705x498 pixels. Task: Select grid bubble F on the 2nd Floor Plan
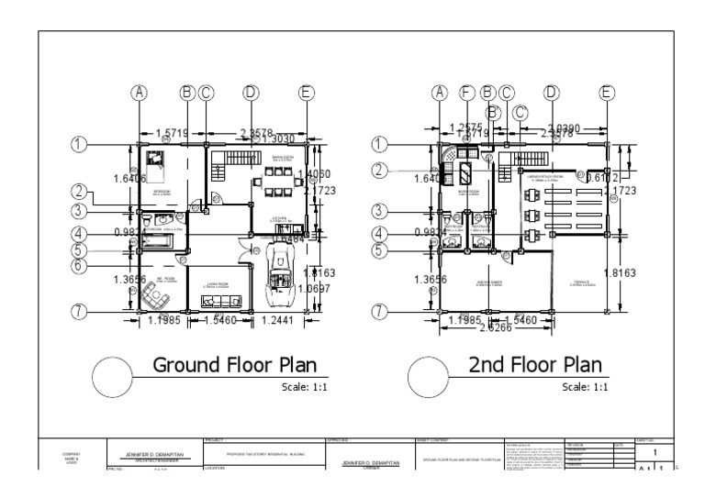point(465,92)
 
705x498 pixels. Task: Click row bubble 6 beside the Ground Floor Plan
point(81,266)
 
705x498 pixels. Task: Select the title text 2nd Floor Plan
point(535,364)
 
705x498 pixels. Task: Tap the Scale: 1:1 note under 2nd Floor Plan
point(586,388)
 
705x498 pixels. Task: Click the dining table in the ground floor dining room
point(275,180)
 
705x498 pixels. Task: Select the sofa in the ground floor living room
point(222,300)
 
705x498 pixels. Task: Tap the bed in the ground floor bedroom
point(156,163)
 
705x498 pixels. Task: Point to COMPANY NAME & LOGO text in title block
point(71,457)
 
